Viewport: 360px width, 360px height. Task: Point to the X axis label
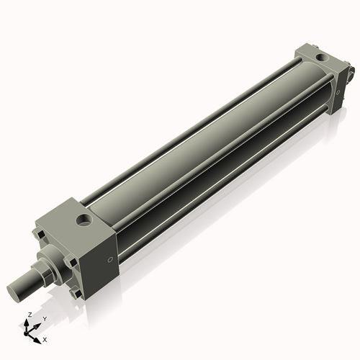pos(45,338)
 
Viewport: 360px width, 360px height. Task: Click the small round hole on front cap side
pos(109,260)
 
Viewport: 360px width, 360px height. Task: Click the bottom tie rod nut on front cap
pos(73,292)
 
